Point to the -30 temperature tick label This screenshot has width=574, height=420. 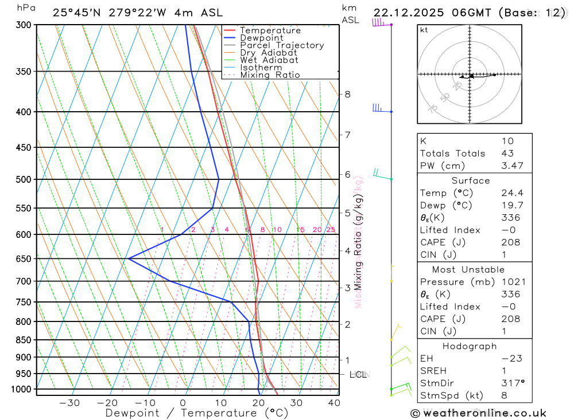69,403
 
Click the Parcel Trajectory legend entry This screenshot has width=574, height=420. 282,45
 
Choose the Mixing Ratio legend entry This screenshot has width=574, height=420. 270,75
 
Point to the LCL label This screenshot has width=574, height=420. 358,375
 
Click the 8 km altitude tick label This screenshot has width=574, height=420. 347,94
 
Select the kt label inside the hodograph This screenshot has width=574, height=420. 424,30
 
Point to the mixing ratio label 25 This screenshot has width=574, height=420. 331,230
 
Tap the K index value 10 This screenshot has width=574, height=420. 507,141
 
